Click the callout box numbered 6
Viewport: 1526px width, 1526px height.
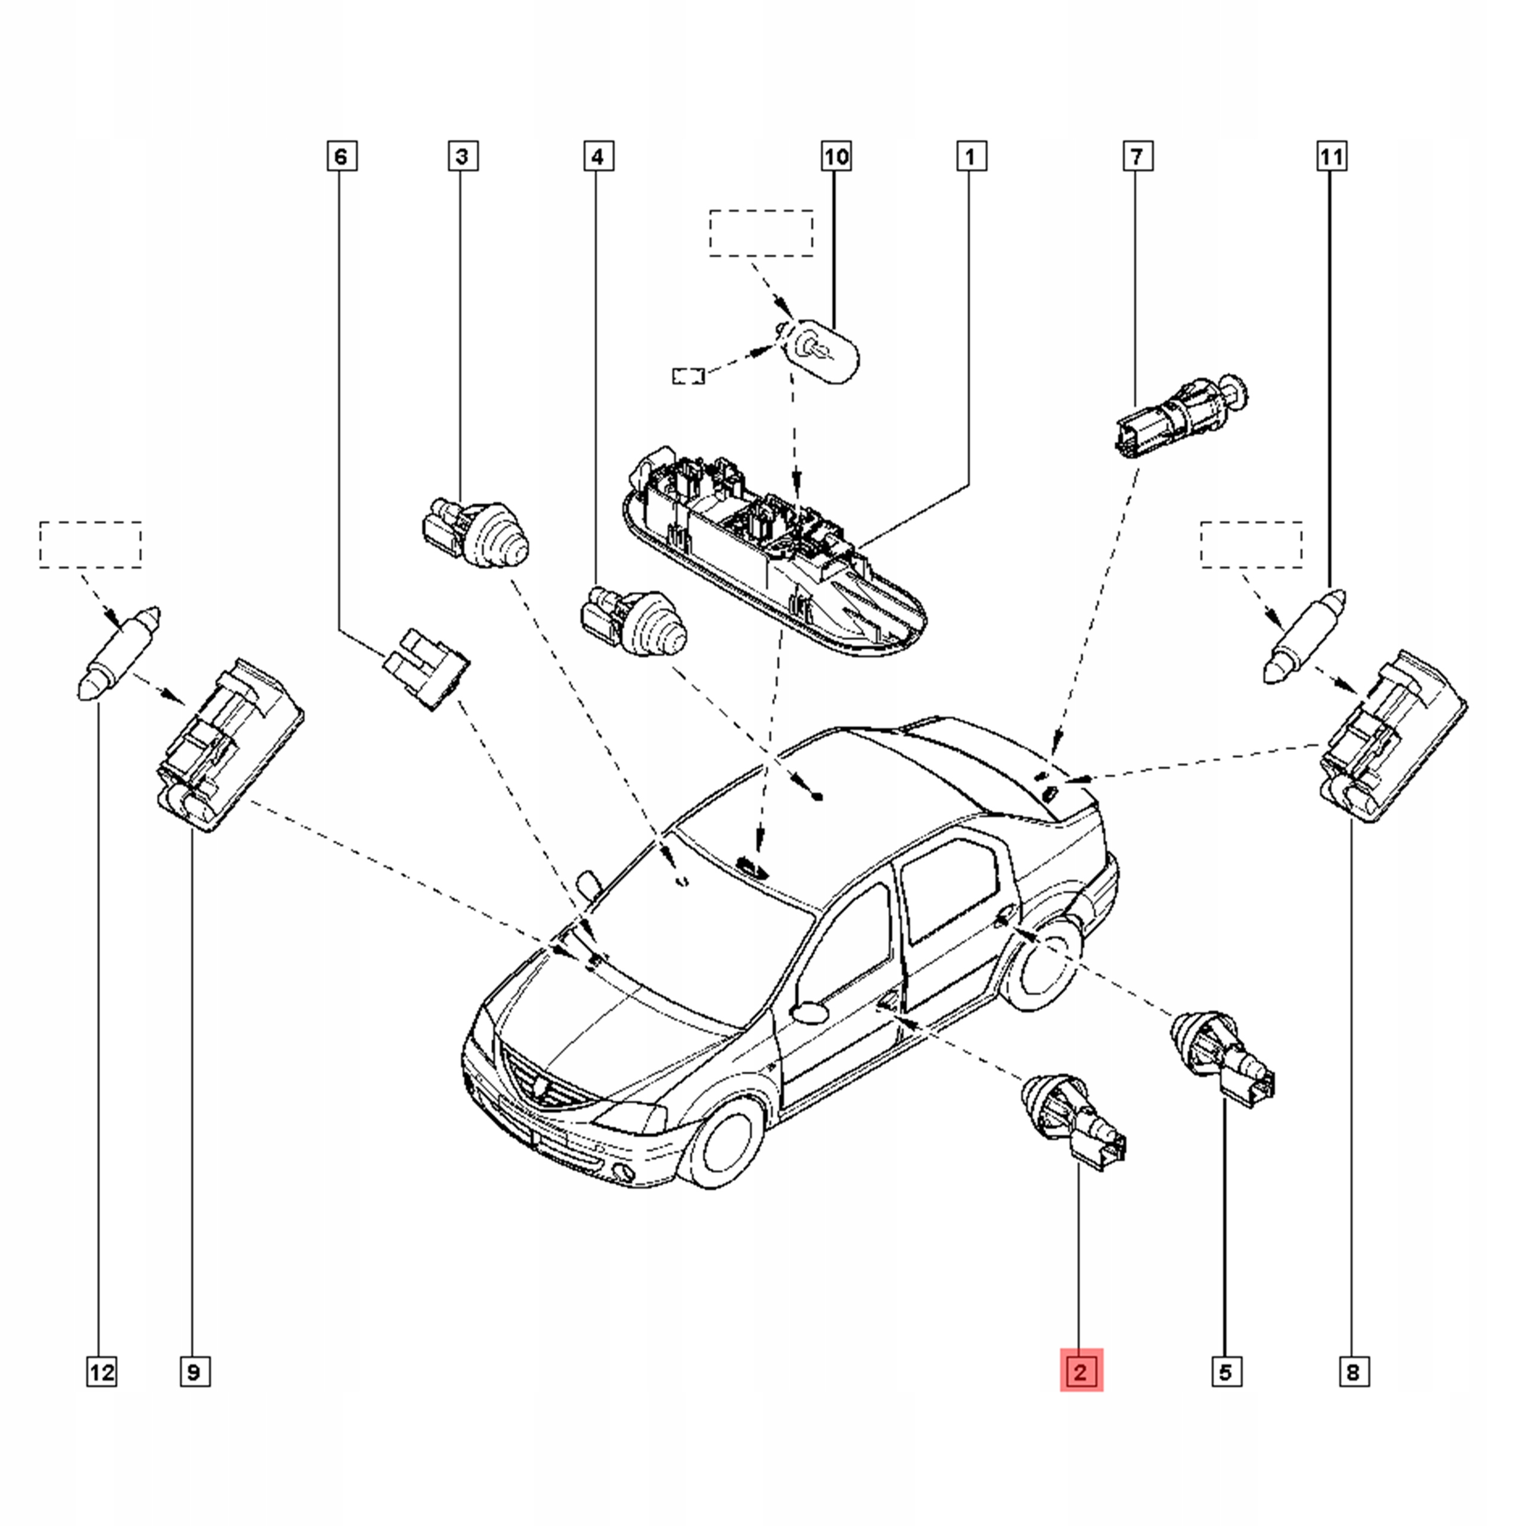pyautogui.click(x=341, y=156)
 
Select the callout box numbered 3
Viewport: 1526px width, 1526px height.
pyautogui.click(x=462, y=156)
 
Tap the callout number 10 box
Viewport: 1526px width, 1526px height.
pyautogui.click(x=836, y=156)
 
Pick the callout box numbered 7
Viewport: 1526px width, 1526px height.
pyautogui.click(x=1137, y=156)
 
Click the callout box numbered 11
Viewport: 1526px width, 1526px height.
pyautogui.click(x=1331, y=156)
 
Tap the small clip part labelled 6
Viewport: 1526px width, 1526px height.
pyautogui.click(x=427, y=668)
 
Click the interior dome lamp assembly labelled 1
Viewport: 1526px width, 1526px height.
pyautogui.click(x=774, y=553)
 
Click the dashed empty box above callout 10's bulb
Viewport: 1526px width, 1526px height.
pyautogui.click(x=761, y=233)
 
